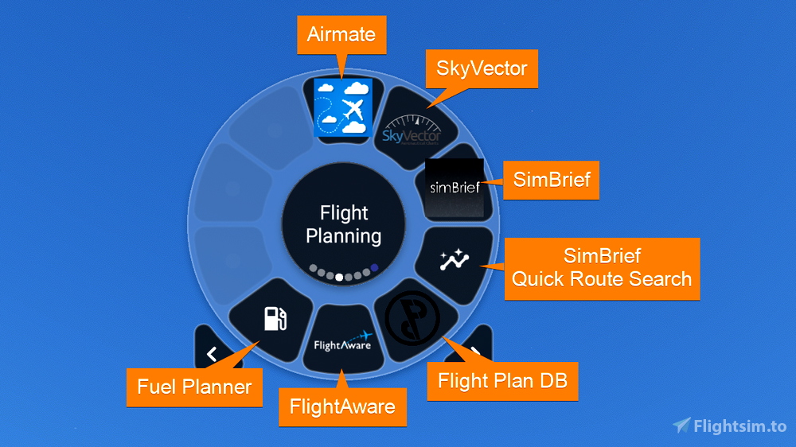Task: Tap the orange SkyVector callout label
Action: coord(482,68)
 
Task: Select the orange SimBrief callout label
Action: coord(552,179)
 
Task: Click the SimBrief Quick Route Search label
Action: coord(602,268)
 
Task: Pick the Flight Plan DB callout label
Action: coord(502,380)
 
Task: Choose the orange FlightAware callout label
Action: coord(342,407)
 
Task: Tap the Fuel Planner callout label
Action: coord(194,387)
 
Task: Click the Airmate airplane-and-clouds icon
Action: coord(341,107)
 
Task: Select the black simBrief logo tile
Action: coord(454,188)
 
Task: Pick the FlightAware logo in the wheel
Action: coord(343,341)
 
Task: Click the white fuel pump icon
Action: coord(275,317)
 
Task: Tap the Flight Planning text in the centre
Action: coord(344,224)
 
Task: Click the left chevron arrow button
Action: coord(212,354)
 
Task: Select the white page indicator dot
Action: coord(340,278)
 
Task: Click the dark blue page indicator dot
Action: coord(374,268)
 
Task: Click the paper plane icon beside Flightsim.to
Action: coord(681,426)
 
